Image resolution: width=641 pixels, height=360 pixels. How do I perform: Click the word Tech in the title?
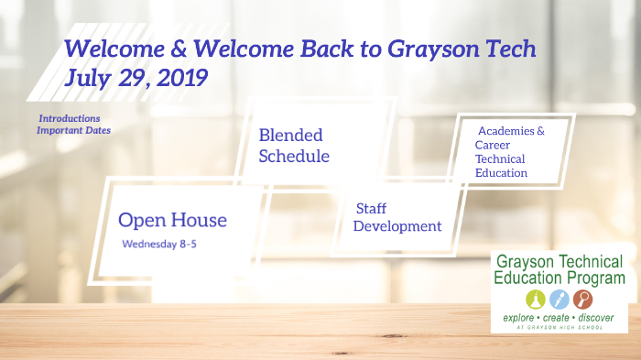pos(505,49)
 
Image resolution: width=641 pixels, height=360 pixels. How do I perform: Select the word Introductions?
pos(70,118)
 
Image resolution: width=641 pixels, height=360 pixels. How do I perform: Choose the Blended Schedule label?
pos(293,146)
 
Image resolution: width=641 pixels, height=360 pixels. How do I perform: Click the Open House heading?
pos(172,221)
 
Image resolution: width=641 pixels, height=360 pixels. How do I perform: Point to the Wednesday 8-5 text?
pos(159,245)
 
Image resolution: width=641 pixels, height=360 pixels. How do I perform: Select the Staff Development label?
pos(397,217)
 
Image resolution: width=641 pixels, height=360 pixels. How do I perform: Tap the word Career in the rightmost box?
pos(493,145)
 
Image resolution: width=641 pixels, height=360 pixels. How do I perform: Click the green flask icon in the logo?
pos(535,299)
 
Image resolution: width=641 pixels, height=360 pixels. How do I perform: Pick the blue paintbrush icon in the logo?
pos(559,299)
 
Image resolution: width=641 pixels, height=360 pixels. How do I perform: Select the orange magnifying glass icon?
pos(582,299)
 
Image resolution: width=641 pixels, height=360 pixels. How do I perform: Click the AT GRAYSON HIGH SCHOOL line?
pos(560,327)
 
